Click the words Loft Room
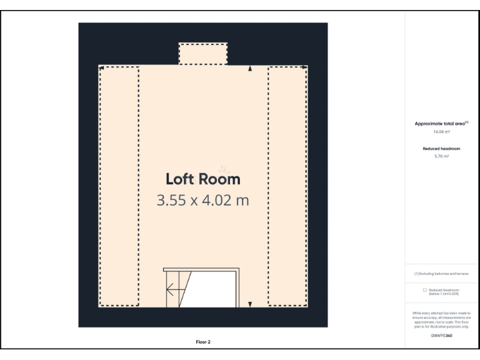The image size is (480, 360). (x=202, y=179)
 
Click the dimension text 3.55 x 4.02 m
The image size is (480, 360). (x=202, y=201)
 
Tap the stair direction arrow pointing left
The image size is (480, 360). (x=171, y=289)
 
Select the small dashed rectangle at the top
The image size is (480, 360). (x=203, y=54)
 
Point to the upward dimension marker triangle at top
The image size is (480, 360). (x=250, y=69)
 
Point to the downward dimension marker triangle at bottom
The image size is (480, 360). (x=250, y=304)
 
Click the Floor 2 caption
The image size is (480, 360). (x=202, y=342)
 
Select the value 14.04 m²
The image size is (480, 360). (x=441, y=132)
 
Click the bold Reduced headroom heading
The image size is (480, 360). (x=441, y=148)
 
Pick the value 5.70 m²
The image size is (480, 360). (x=441, y=156)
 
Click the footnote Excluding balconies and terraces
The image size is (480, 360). (x=441, y=274)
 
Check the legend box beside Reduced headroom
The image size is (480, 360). (x=425, y=290)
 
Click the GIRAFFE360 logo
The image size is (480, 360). (x=441, y=336)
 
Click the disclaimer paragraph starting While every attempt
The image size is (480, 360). (x=441, y=319)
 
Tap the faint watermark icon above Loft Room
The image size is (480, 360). (x=224, y=169)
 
